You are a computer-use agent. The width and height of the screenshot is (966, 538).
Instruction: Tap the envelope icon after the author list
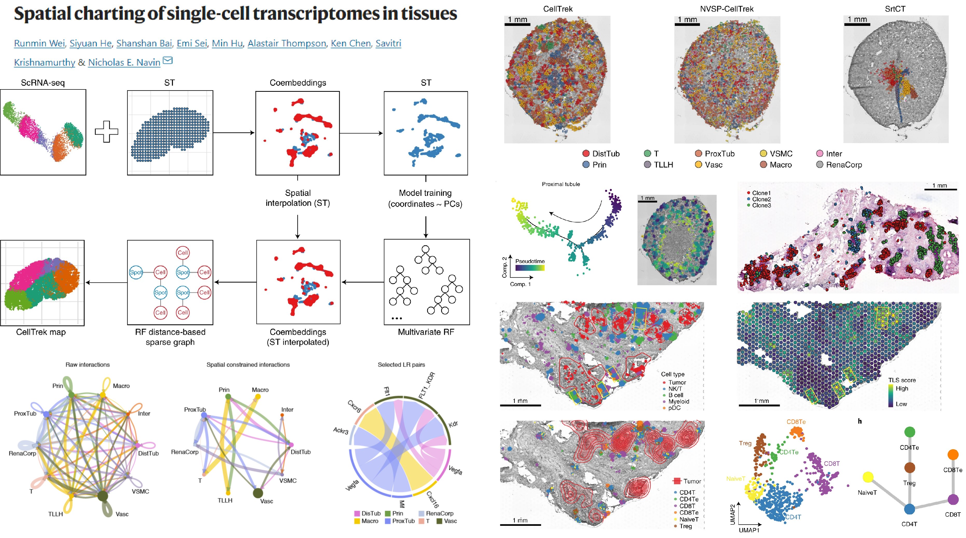(168, 60)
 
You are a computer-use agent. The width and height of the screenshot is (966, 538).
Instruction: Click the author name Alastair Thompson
(287, 44)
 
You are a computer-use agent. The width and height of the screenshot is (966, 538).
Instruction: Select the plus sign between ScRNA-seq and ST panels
(107, 132)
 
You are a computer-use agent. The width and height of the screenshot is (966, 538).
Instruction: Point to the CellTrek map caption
(41, 332)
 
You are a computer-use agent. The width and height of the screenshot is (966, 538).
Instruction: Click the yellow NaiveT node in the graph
(867, 477)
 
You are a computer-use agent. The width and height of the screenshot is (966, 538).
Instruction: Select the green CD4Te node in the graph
(909, 432)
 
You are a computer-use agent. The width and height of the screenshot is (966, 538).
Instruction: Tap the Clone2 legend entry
(761, 199)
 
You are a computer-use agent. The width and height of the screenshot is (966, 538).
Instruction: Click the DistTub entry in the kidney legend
(605, 154)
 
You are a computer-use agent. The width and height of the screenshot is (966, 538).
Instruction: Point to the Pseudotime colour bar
(530, 268)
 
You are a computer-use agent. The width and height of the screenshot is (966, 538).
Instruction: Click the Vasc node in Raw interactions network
(103, 496)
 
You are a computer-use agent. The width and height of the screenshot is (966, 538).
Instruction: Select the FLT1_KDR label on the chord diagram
(427, 385)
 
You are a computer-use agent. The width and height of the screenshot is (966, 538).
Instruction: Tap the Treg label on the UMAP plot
(745, 443)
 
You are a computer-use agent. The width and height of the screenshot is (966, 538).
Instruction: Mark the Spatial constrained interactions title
(248, 365)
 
